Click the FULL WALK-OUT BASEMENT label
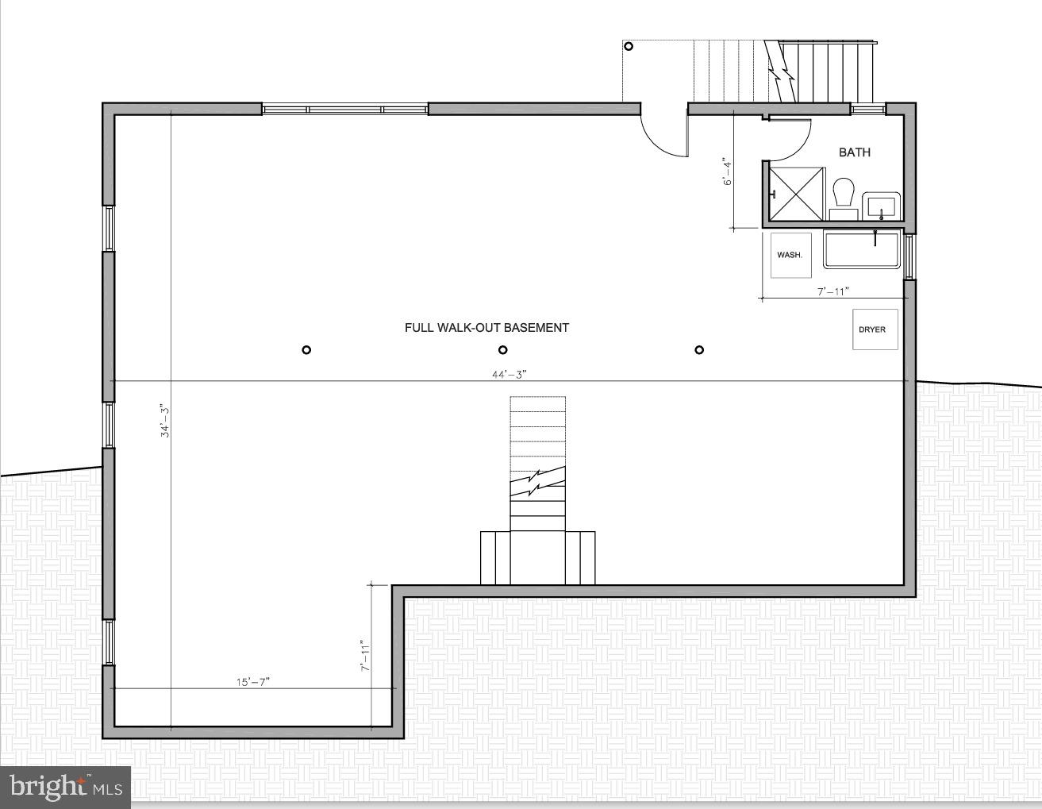486,327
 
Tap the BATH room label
854,152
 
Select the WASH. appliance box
790,255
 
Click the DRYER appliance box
875,329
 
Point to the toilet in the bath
843,196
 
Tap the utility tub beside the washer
861,249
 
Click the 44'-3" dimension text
509,374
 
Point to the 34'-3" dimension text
164,421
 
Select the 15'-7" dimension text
252,681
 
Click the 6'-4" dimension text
725,171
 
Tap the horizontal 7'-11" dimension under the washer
833,291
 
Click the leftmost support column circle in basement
306,350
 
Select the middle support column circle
502,350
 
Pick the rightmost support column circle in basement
699,350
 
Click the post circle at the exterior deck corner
629,46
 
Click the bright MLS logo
66,787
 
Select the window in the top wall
344,109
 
